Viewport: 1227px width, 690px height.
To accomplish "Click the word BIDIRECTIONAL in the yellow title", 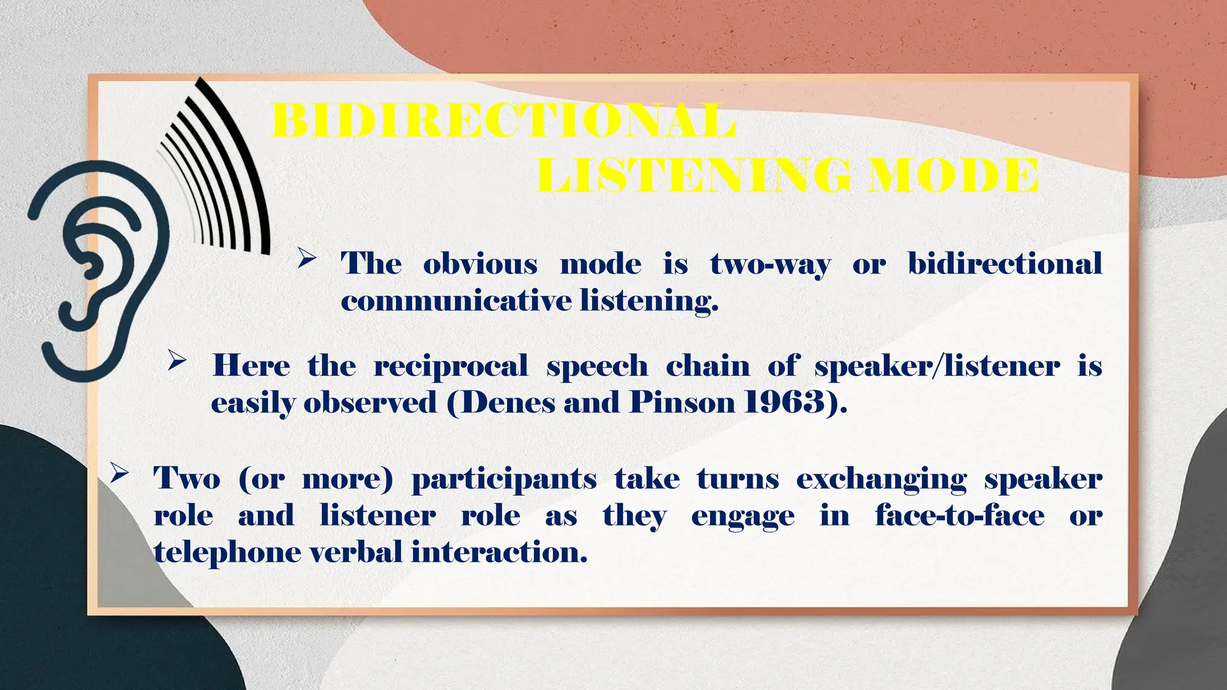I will (503, 122).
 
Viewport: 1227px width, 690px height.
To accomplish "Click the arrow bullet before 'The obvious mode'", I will (307, 259).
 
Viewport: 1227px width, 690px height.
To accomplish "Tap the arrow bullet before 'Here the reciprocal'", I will (177, 361).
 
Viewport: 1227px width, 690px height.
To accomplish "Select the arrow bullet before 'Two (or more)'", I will (119, 474).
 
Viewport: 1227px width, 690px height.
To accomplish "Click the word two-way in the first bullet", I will (770, 264).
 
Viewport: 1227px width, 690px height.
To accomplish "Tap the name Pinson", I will (682, 402).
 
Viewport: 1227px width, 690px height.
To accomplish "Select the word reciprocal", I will (451, 366).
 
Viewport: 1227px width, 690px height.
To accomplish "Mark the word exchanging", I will (881, 480).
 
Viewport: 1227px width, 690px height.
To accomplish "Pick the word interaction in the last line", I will (499, 552).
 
